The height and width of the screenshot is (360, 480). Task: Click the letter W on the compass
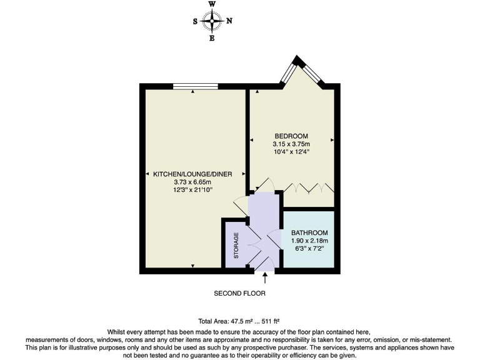(x=212, y=4)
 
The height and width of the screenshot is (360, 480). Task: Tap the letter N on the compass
(x=229, y=21)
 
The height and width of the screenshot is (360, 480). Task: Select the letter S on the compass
(x=196, y=21)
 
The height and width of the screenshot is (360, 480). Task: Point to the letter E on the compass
(x=212, y=38)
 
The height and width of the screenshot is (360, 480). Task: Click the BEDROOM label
(x=291, y=136)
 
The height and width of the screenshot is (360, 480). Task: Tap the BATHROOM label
(x=309, y=232)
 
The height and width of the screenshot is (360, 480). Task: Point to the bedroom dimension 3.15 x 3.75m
(x=291, y=144)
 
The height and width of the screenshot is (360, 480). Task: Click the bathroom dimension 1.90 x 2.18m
(x=309, y=240)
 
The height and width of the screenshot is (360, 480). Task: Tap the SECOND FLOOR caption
(x=240, y=293)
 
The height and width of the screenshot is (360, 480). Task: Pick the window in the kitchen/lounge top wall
(x=196, y=86)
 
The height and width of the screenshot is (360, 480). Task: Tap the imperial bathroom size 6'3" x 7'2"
(x=309, y=247)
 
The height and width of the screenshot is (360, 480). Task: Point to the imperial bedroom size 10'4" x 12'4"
(x=291, y=151)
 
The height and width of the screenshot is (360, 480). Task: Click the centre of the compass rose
(x=212, y=21)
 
